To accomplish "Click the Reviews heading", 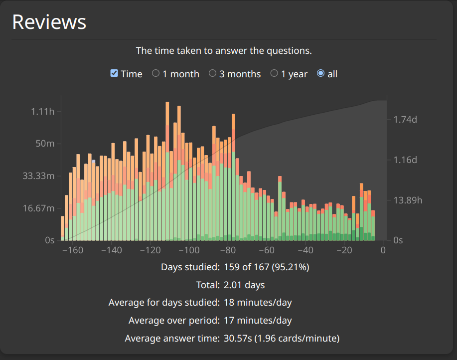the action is pyautogui.click(x=49, y=22).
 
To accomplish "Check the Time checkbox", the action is pyautogui.click(x=114, y=73).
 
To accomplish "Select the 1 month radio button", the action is pyautogui.click(x=155, y=73).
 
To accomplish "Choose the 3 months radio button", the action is pyautogui.click(x=212, y=73).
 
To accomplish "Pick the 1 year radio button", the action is pyautogui.click(x=274, y=73).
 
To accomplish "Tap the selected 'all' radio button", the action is pyautogui.click(x=320, y=73).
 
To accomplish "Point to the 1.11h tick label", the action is pyautogui.click(x=42, y=111).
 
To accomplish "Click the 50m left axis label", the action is pyautogui.click(x=45, y=144).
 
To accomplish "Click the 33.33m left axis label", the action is pyautogui.click(x=38, y=176).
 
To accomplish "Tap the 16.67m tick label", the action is pyautogui.click(x=38, y=208).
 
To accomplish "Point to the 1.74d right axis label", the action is pyautogui.click(x=405, y=119).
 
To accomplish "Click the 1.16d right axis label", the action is pyautogui.click(x=405, y=160).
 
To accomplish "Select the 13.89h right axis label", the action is pyautogui.click(x=408, y=200).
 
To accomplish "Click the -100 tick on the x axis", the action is pyautogui.click(x=189, y=250).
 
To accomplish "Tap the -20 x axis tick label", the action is pyautogui.click(x=344, y=250).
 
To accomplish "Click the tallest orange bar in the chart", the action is pyautogui.click(x=167, y=114).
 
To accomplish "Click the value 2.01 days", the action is pyautogui.click(x=244, y=285).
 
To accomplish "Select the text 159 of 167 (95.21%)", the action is pyautogui.click(x=267, y=267).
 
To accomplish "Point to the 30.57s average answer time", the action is pyautogui.click(x=238, y=338).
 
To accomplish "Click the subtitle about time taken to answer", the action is pyautogui.click(x=224, y=51).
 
